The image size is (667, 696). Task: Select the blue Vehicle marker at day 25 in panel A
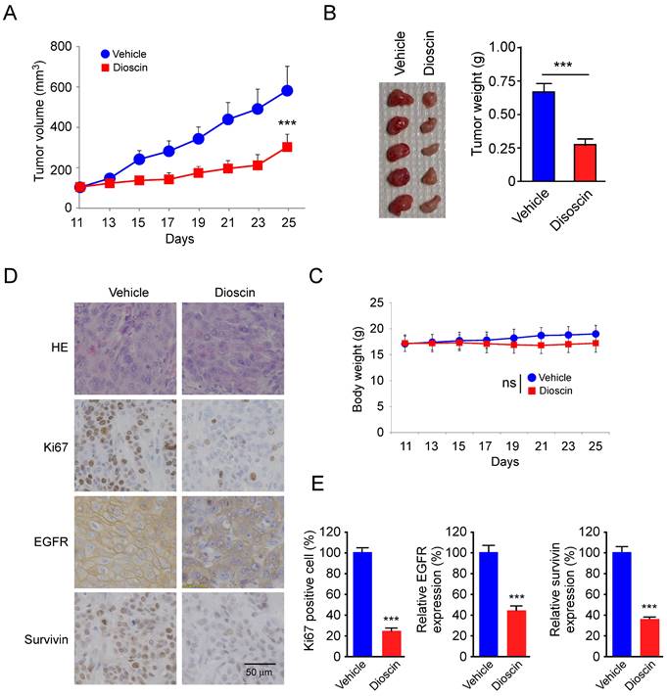(x=287, y=91)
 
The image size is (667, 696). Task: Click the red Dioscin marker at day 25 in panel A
(x=287, y=147)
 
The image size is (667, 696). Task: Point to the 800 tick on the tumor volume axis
(x=59, y=46)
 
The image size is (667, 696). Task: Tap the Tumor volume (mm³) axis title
(x=39, y=125)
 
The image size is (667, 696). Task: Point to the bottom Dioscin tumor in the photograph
(x=429, y=201)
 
